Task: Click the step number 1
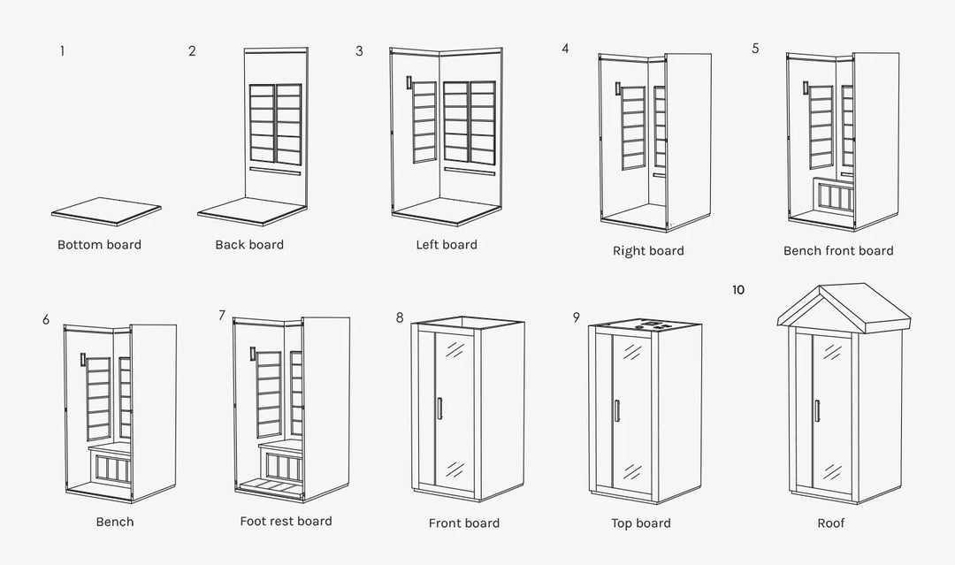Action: [62, 50]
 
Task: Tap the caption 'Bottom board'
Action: [99, 245]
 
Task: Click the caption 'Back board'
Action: [249, 245]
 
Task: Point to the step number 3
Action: [359, 51]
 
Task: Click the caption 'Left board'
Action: [447, 245]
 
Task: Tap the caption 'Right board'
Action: [648, 251]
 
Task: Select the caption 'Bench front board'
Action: [838, 251]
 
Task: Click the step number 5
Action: [755, 49]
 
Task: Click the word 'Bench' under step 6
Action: [115, 522]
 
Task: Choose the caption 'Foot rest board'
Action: [286, 522]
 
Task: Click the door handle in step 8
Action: [439, 408]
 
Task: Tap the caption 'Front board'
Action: [464, 523]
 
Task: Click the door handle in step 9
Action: [616, 411]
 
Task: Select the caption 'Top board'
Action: [641, 523]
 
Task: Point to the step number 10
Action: [738, 290]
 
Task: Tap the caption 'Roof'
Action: [831, 523]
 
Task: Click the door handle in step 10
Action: [817, 411]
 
